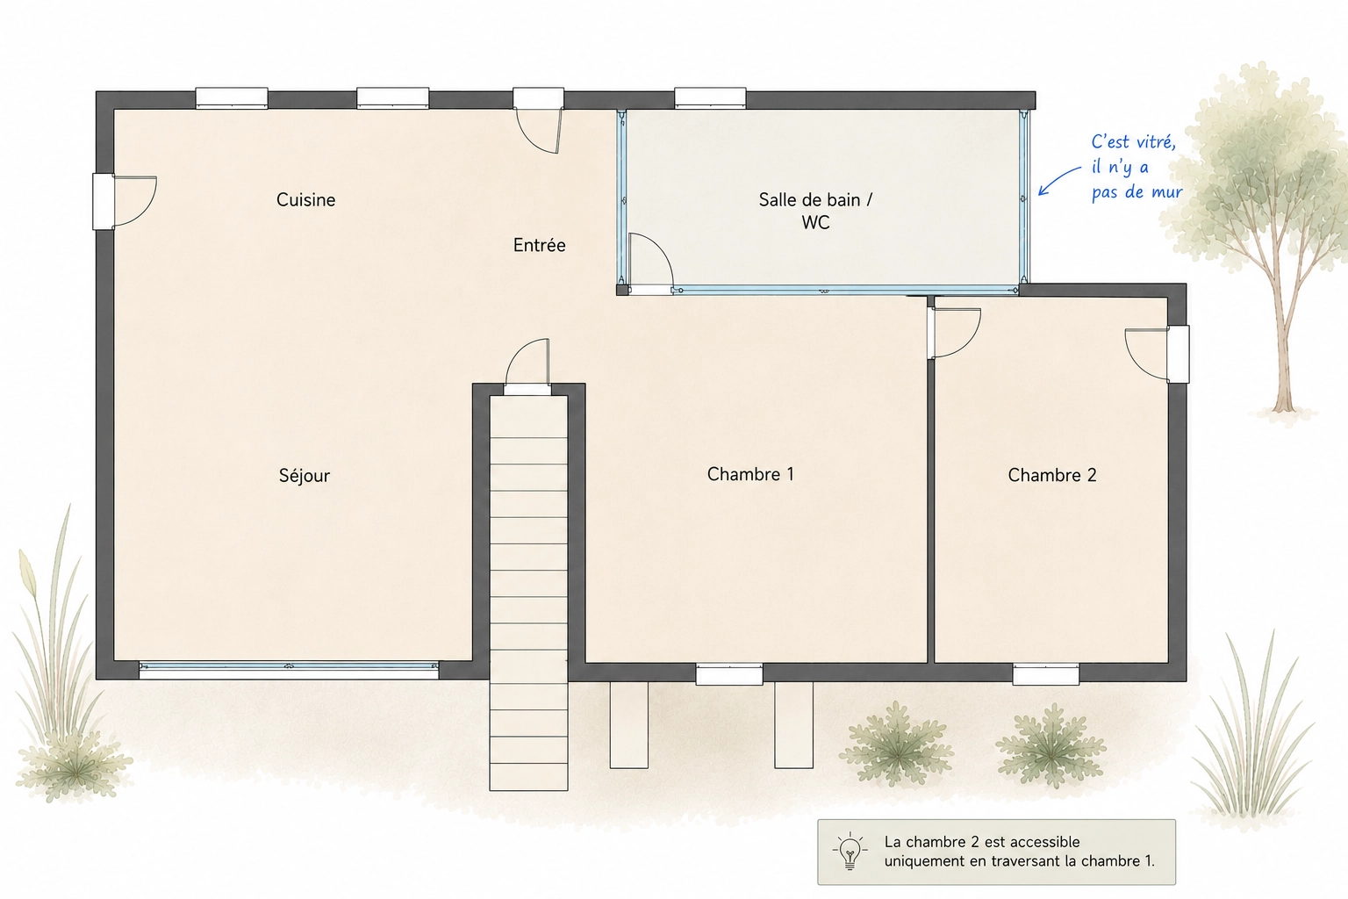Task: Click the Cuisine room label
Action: point(305,200)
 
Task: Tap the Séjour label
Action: point(305,476)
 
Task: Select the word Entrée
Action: point(539,245)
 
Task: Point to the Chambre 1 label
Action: point(750,474)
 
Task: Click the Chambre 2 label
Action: point(1052,475)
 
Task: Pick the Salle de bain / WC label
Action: point(815,211)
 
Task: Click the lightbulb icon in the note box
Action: point(850,852)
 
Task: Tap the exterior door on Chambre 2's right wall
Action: point(1158,354)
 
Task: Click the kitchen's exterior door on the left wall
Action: point(125,202)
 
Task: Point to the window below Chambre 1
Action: point(729,673)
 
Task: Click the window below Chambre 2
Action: point(1046,673)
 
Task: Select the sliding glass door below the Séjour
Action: point(289,669)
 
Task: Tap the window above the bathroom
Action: point(710,97)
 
